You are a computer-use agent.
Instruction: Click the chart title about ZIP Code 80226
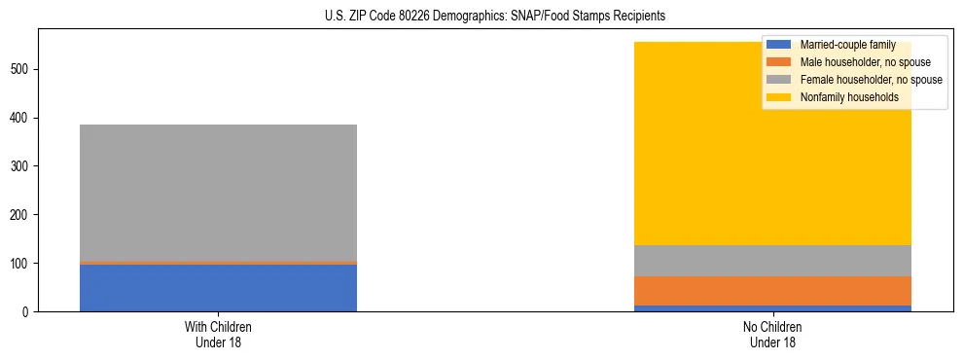[494, 17]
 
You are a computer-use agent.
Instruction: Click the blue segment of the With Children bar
[218, 288]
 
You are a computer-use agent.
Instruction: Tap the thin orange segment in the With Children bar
[218, 263]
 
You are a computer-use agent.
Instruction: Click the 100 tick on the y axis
[21, 264]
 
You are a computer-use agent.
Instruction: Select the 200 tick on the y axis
[21, 215]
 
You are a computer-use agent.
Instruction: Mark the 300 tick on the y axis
[21, 166]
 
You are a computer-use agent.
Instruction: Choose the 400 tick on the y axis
[21, 118]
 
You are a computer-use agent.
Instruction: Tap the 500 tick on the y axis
[21, 69]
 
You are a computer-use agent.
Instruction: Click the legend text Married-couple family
[847, 45]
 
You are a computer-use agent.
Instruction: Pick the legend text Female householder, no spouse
[871, 80]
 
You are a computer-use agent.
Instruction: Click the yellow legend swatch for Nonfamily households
[779, 97]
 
